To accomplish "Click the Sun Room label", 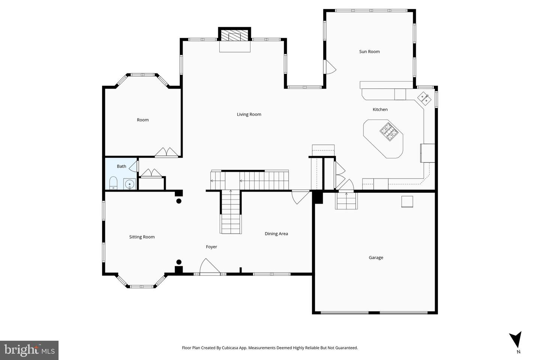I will pos(369,52).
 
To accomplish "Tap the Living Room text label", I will pos(249,114).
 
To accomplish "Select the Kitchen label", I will pos(380,109).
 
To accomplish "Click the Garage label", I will pos(376,258).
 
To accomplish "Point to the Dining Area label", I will pos(276,234).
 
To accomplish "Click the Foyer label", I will pos(211,247).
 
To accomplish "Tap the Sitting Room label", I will pos(142,237).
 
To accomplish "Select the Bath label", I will pos(121,166).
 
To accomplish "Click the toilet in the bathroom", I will pos(113,183).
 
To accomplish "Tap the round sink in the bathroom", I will pos(129,184).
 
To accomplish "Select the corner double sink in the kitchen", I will pos(424,98).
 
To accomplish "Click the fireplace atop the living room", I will pos(235,36).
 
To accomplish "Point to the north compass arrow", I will pos(516,340).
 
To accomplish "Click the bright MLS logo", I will pos(29,350).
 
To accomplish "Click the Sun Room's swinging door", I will pos(330,67).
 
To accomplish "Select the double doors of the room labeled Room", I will pos(166,152).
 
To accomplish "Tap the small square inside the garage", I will pos(407,202).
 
